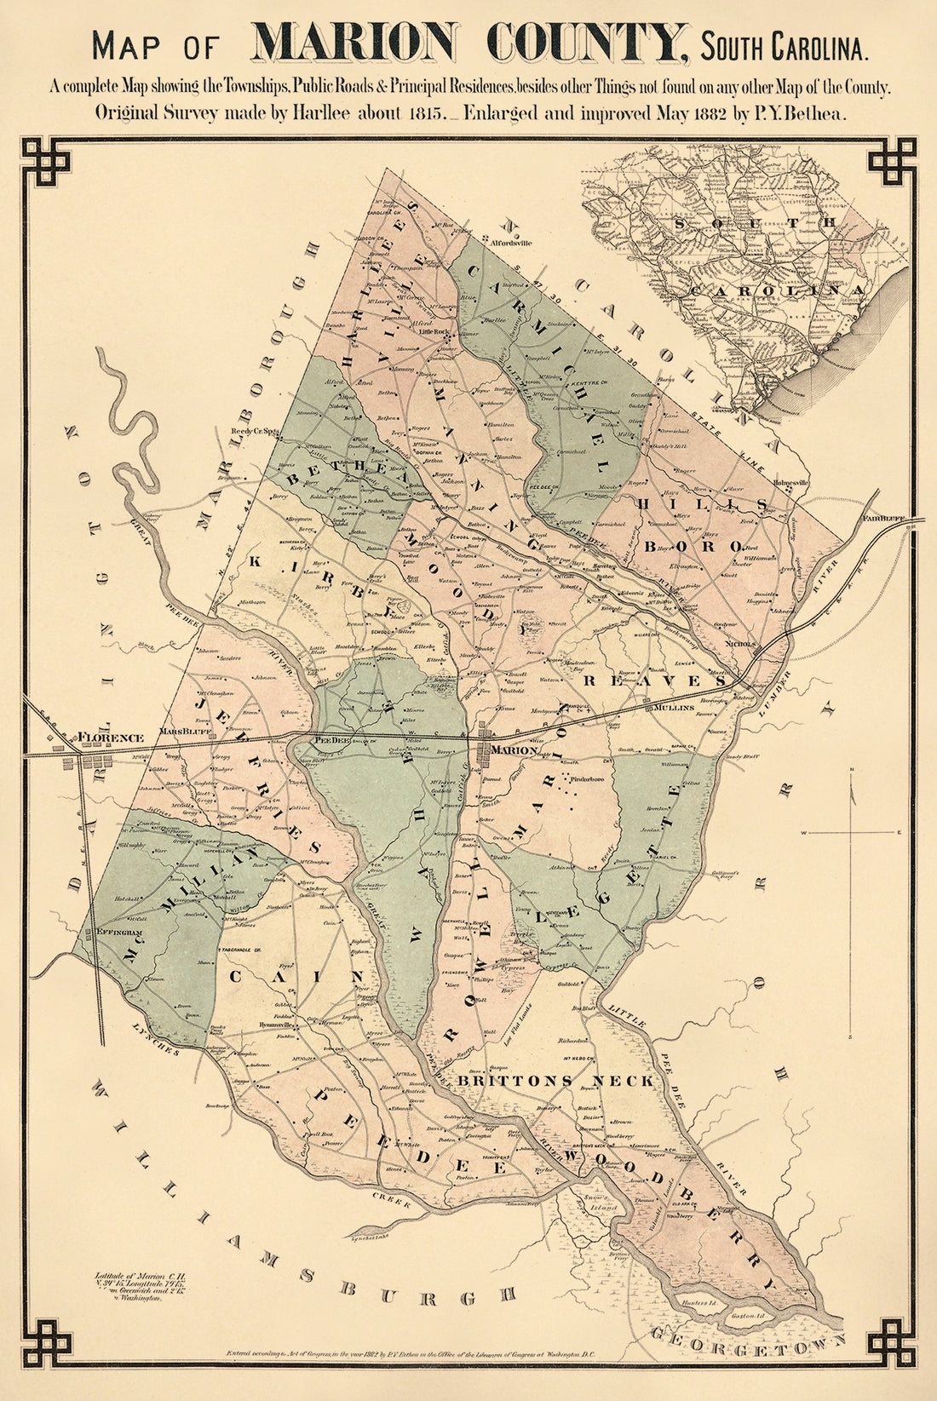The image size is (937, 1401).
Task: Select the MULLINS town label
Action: pos(675,707)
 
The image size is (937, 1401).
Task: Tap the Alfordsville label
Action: pos(511,243)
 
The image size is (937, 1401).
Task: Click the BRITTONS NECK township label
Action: pos(556,1080)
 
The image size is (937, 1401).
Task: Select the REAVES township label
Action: pos(653,680)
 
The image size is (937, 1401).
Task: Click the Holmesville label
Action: pos(790,482)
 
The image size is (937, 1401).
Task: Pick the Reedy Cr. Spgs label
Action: pos(256,432)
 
